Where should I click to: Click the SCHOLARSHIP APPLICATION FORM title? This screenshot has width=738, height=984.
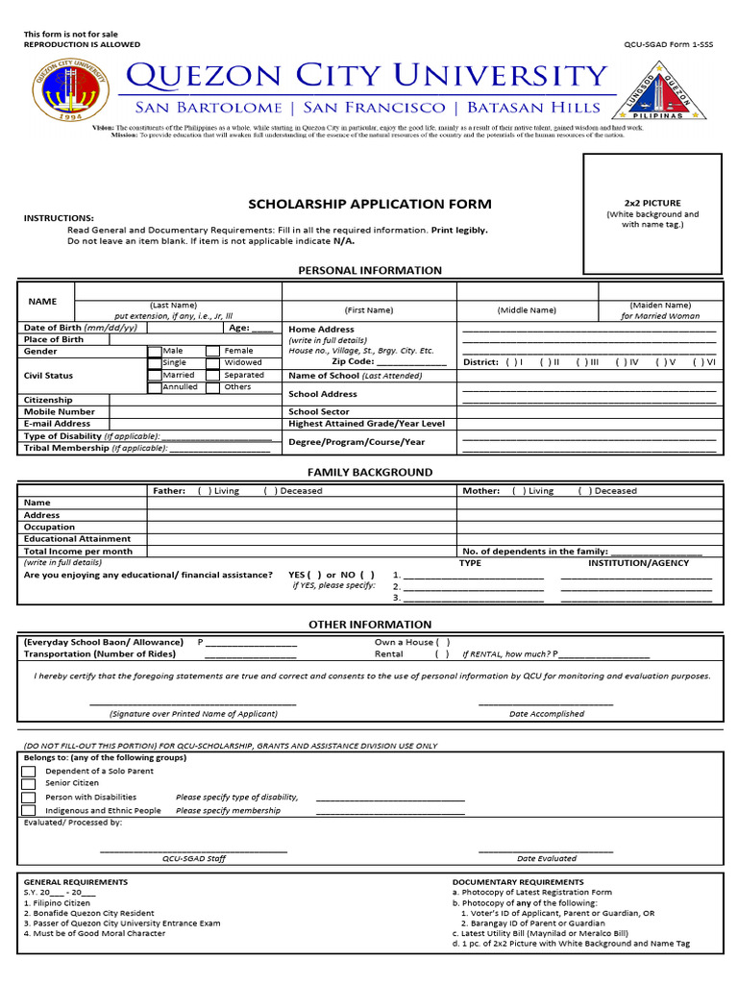pos(370,204)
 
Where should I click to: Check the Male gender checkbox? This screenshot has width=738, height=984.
pos(155,352)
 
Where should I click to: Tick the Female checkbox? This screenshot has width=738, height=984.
pos(213,352)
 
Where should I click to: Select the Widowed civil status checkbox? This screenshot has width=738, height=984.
pos(213,363)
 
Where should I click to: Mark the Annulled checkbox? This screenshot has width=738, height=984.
pos(155,387)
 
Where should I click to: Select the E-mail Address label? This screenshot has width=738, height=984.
pos(58,424)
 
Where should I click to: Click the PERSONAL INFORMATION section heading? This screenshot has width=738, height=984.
pos(370,271)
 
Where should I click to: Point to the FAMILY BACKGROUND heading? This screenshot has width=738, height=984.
pos(370,473)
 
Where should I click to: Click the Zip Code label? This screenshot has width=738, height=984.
pos(353,362)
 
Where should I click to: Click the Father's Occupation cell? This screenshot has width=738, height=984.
pos(301,528)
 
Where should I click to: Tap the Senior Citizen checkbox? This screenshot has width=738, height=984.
pos(28,784)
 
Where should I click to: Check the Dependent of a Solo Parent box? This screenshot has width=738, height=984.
pos(28,772)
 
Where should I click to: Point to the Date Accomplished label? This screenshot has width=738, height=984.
pos(546,714)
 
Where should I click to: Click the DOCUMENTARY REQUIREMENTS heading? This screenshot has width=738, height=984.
pos(517,882)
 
